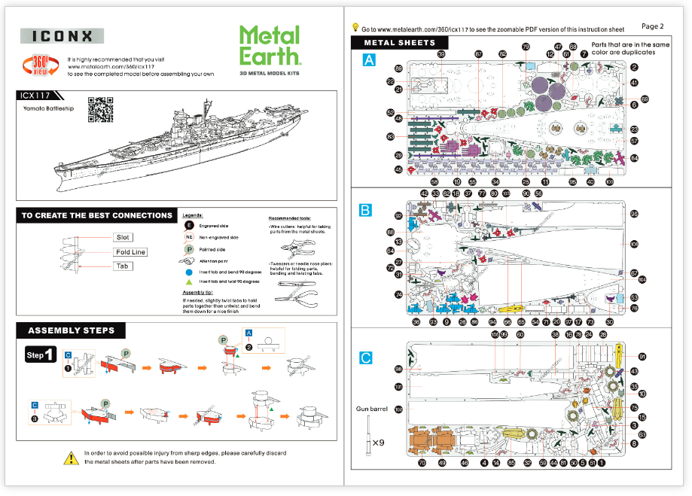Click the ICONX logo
61,36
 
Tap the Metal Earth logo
270,47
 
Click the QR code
100,110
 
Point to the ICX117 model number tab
38,96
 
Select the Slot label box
122,237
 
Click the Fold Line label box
130,252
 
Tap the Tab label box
123,266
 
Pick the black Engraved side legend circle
190,225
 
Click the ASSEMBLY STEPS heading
71,330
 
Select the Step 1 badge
40,355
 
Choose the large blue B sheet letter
366,211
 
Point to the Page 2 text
652,26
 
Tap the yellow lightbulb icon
355,27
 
